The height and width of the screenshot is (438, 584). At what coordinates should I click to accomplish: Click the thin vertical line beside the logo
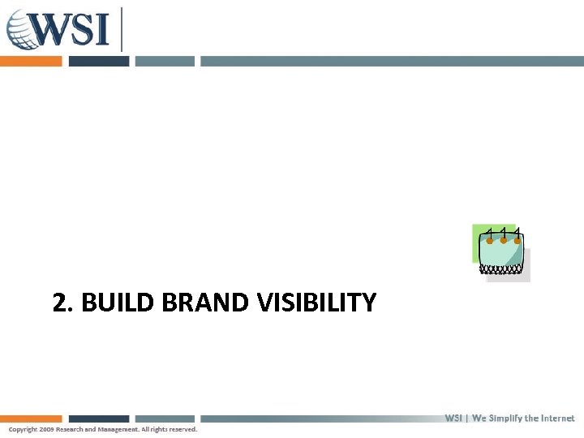point(122,29)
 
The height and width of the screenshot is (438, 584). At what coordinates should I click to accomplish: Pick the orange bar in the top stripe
point(31,61)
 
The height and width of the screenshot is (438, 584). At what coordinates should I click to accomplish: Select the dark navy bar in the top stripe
point(98,61)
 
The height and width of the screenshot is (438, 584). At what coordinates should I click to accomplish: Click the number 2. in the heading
point(62,303)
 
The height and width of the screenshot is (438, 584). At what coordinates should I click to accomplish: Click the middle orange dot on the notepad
point(504,240)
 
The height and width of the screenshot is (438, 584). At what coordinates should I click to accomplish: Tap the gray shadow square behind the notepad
point(526,274)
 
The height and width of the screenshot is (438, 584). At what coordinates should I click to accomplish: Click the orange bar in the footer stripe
point(31,419)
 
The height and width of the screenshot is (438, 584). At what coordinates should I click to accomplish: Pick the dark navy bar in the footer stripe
point(98,419)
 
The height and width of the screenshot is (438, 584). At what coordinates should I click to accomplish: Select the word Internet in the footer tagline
point(556,419)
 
